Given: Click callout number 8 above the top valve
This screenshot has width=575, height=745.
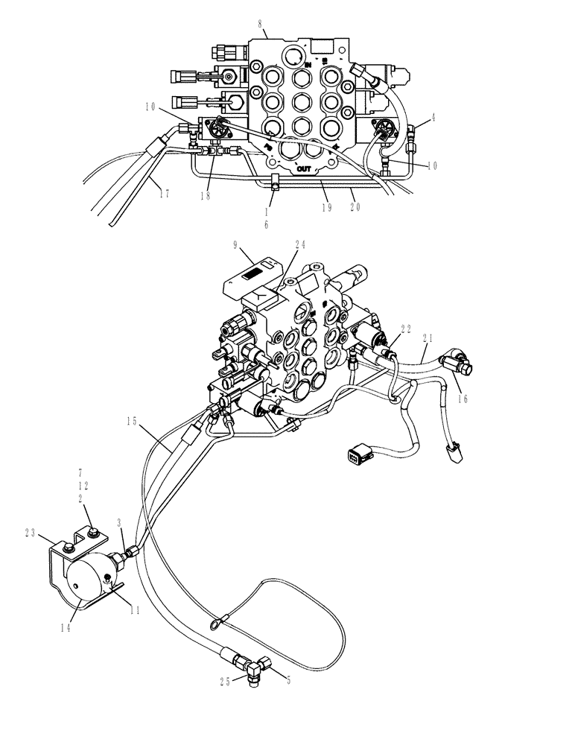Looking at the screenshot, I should [x=260, y=25].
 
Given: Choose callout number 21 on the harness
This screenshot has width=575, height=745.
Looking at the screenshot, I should [x=428, y=337].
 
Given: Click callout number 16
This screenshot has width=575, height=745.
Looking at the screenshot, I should [x=463, y=399].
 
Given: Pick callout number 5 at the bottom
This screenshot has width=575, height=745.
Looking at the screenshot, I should [x=287, y=679].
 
